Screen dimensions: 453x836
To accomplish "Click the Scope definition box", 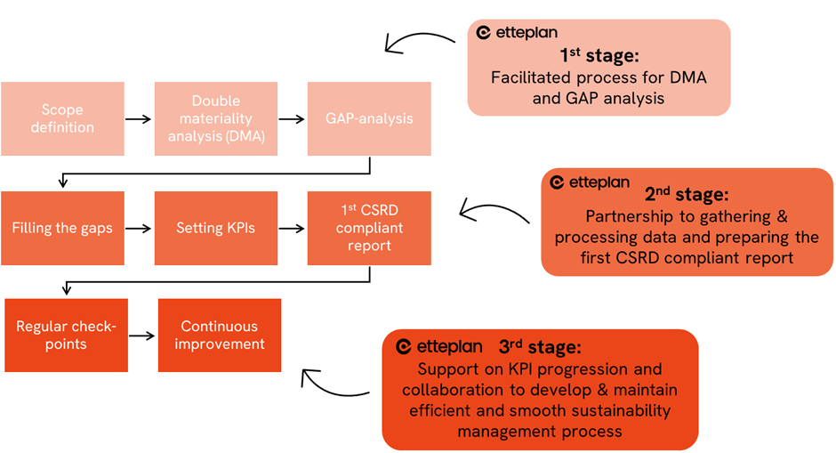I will (x=62, y=118).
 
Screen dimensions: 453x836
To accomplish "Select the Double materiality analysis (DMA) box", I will (x=216, y=118).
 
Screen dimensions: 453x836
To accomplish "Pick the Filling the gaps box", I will (x=62, y=228).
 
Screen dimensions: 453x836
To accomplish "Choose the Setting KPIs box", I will (x=216, y=228).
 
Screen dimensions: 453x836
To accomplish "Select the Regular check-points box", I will (x=66, y=335).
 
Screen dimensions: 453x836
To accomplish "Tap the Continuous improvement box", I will (x=220, y=335).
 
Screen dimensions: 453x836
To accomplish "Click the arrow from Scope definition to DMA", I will (x=138, y=118).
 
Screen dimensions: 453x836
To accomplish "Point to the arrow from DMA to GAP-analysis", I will (x=291, y=118).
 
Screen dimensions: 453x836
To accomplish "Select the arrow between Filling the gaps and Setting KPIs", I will (x=138, y=229).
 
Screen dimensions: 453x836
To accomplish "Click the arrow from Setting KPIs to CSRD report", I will (x=291, y=229).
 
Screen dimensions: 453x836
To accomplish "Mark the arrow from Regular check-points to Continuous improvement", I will (x=141, y=336).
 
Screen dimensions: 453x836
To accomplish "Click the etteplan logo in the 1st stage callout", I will (x=517, y=33).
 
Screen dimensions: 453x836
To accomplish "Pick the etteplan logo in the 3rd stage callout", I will (x=438, y=346).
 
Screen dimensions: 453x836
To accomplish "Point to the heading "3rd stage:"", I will (x=541, y=346).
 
